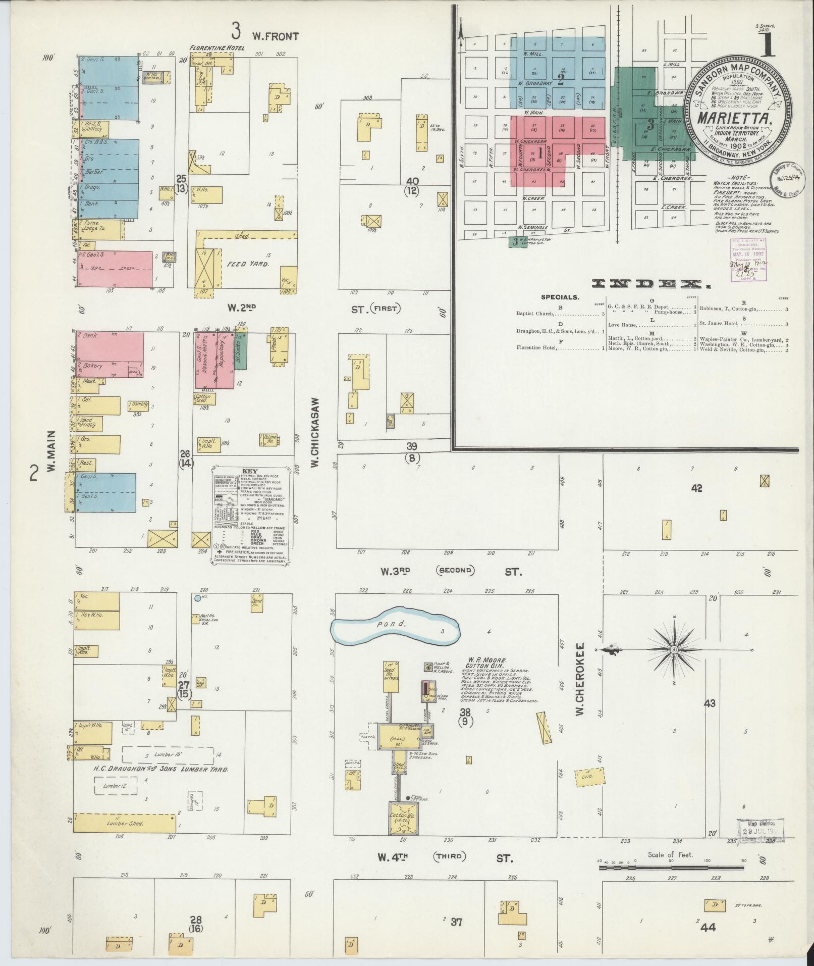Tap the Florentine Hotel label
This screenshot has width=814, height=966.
[216, 48]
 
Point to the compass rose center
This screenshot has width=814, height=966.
[674, 649]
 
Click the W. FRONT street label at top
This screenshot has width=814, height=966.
[276, 36]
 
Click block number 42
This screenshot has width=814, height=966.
[696, 488]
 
